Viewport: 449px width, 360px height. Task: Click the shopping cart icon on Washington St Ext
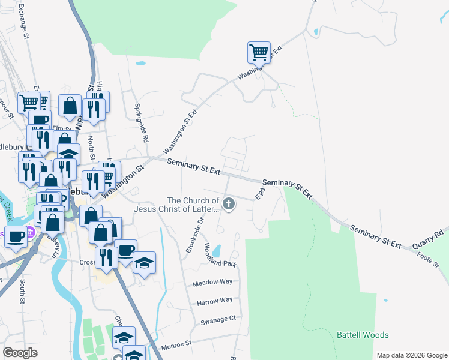(x=259, y=52)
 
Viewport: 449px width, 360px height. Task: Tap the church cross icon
(x=228, y=205)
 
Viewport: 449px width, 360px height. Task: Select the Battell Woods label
(x=363, y=335)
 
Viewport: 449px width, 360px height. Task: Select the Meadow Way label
(x=212, y=282)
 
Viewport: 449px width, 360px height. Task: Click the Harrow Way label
(x=214, y=300)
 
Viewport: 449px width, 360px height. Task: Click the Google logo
(x=20, y=353)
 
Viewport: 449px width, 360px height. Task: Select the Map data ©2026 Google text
(x=411, y=355)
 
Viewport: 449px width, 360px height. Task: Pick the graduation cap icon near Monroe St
(x=124, y=337)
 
